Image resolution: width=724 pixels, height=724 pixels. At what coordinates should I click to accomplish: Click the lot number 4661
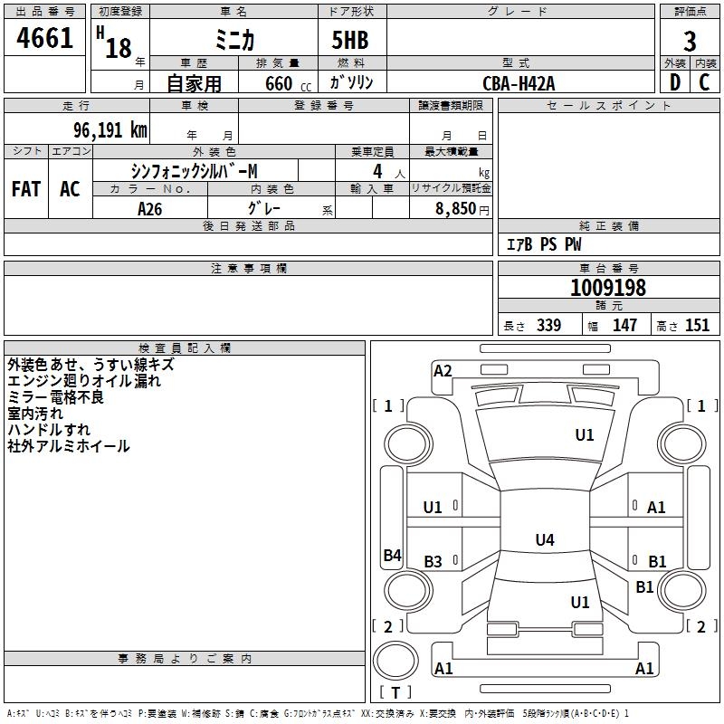[x=45, y=39]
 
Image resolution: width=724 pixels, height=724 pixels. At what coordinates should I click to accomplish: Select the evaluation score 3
[x=690, y=42]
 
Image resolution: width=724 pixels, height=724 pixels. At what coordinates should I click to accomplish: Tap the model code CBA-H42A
[x=519, y=84]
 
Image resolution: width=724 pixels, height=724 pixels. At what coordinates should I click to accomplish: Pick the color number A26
[x=151, y=208]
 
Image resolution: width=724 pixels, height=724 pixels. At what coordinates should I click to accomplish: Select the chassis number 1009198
[x=607, y=288]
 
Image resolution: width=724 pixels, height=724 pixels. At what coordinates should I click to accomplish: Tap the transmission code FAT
[x=26, y=189]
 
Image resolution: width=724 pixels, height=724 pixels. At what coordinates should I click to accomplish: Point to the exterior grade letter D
[x=674, y=82]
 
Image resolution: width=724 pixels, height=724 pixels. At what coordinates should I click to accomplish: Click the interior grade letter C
[x=704, y=82]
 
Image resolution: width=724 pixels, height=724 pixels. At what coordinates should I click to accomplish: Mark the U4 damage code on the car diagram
[x=544, y=540]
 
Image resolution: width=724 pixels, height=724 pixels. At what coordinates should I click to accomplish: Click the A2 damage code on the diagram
[x=443, y=370]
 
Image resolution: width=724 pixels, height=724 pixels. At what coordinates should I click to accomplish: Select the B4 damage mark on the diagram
[x=392, y=556]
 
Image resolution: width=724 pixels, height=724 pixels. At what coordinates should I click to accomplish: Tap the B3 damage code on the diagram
[x=433, y=562]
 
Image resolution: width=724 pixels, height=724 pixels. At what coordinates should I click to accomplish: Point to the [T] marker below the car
[x=395, y=693]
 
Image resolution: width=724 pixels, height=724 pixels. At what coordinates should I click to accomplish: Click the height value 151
[x=697, y=326]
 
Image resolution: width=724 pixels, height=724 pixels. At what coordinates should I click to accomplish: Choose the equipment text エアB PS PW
[x=543, y=245]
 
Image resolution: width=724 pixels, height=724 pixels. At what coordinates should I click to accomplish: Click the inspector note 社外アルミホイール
[x=69, y=446]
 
